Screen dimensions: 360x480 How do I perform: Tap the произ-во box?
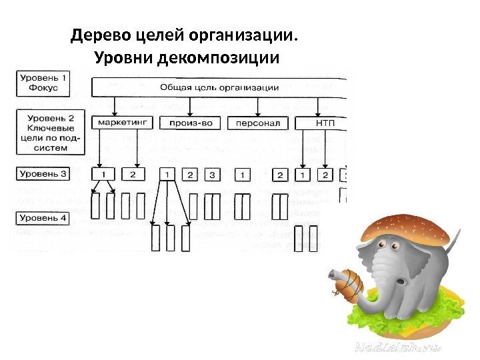tap(191, 123)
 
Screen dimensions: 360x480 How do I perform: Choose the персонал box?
tap(259, 123)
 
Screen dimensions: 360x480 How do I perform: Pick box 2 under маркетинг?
tap(133, 175)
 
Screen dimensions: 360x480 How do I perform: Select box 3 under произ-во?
tap(212, 175)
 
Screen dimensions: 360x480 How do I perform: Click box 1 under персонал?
tap(243, 175)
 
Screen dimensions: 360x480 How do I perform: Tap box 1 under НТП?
tap(304, 175)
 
